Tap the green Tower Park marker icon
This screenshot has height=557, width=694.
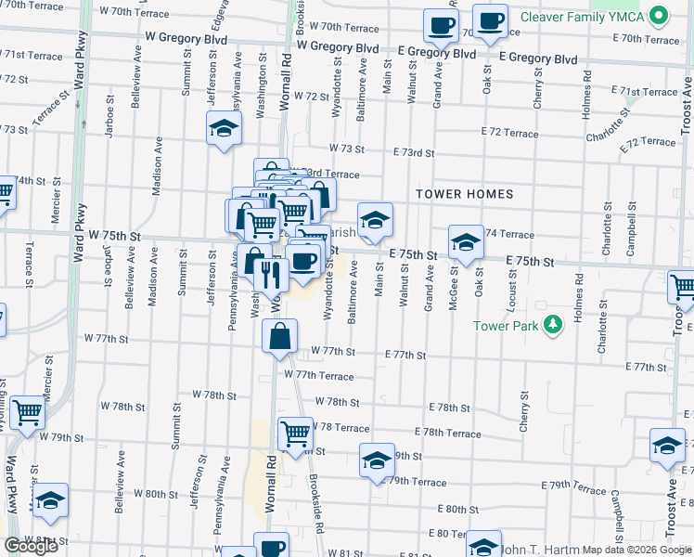click(x=554, y=324)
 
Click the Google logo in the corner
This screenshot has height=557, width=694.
click(x=31, y=546)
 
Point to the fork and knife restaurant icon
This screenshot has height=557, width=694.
click(x=271, y=275)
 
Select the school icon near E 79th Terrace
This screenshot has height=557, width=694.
click(x=377, y=460)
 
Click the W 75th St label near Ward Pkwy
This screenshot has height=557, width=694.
click(x=115, y=237)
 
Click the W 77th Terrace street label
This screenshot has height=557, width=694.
click(x=319, y=375)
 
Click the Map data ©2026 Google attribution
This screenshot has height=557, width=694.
click(x=637, y=550)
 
